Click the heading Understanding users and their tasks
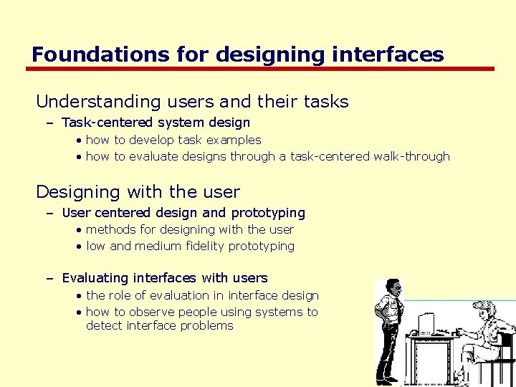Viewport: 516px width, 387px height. tap(192, 102)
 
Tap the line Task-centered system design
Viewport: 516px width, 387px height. tap(156, 123)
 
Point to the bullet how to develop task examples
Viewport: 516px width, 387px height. tap(173, 140)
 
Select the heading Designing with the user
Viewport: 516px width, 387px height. tap(138, 192)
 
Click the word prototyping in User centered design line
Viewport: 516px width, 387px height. tap(267, 213)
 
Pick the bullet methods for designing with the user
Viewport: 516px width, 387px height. tap(189, 229)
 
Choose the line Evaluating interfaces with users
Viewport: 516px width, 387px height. tap(164, 277)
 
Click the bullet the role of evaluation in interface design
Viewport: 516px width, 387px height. tap(202, 295)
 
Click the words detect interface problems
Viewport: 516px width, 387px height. tap(159, 325)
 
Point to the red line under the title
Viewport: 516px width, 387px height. tap(260, 70)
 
